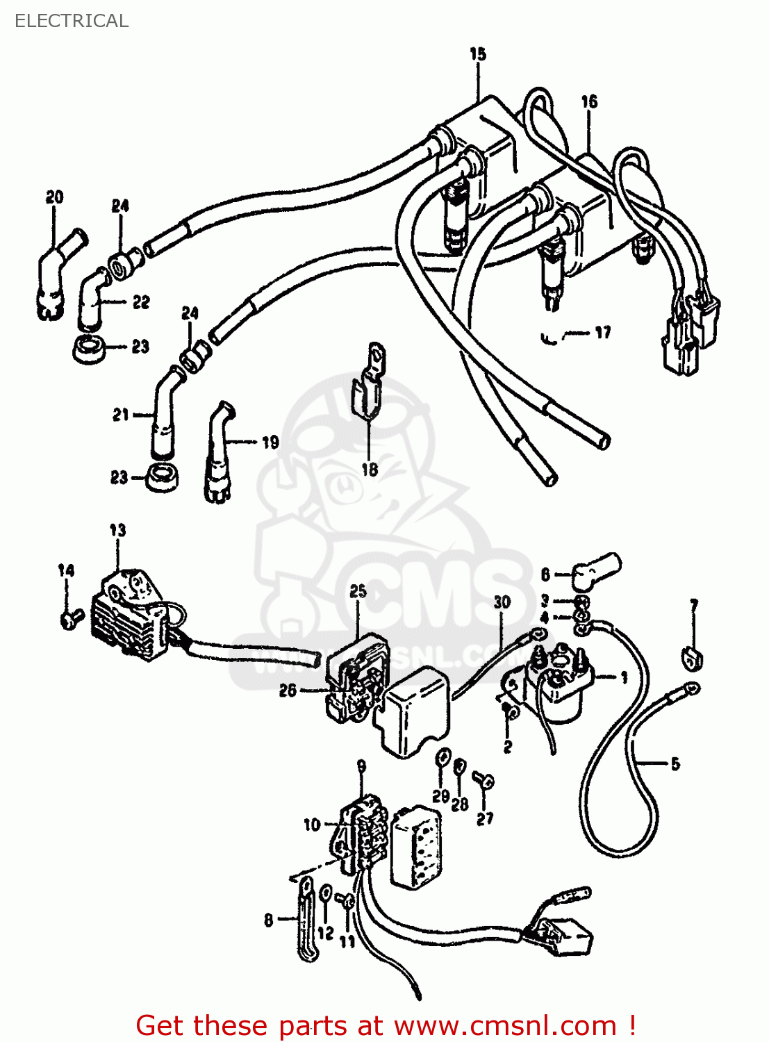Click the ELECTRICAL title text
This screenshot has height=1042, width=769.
(x=72, y=21)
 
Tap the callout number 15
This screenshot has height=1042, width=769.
(x=478, y=54)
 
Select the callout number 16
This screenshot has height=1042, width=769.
(x=589, y=102)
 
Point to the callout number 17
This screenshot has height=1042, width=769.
(x=602, y=333)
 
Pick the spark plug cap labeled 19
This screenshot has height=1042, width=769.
(x=218, y=455)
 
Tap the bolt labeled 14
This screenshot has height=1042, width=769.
(x=68, y=617)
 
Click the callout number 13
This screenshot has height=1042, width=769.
(x=117, y=531)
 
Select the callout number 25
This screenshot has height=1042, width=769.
(x=358, y=592)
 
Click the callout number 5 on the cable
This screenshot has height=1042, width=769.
(x=675, y=764)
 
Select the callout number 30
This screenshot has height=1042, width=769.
(x=502, y=602)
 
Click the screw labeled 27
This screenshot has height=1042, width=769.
(x=484, y=780)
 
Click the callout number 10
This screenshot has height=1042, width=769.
(x=312, y=825)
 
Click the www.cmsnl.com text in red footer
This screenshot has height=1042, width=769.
(x=505, y=1025)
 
